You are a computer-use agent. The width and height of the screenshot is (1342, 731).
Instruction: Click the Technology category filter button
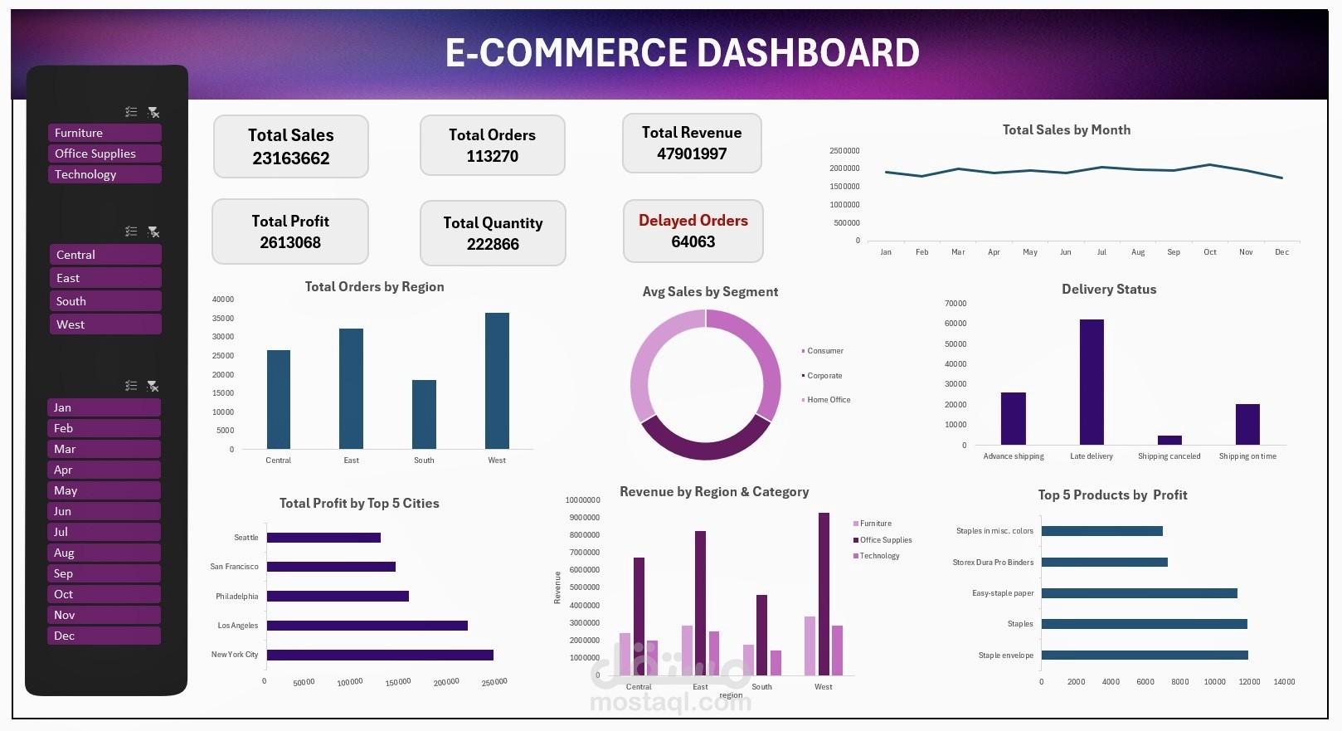point(104,174)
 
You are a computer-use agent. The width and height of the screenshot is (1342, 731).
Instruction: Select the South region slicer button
point(105,301)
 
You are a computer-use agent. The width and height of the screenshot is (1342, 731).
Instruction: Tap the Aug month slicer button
point(104,553)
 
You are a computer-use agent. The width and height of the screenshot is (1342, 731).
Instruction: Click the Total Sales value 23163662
point(291,158)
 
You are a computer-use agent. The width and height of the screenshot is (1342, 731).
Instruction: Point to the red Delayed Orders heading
point(693,221)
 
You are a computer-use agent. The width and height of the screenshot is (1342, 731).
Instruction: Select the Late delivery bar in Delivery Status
point(1092,382)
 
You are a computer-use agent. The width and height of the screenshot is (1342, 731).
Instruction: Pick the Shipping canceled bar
point(1169,440)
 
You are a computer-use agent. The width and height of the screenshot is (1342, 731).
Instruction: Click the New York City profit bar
point(380,655)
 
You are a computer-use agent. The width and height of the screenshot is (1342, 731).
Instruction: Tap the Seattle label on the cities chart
point(246,538)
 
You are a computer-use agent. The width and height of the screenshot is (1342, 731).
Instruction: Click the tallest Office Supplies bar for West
point(824,593)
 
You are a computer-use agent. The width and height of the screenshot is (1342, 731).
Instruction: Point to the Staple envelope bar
point(1145,655)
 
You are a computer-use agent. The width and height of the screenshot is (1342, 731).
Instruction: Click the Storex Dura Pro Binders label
point(993,563)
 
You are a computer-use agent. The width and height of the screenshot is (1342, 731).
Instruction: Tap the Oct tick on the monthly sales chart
point(1210,252)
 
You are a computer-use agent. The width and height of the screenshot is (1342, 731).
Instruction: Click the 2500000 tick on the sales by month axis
point(844,151)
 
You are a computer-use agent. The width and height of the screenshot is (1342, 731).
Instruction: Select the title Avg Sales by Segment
point(710,292)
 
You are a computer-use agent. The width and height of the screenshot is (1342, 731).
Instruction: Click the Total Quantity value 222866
point(493,245)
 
